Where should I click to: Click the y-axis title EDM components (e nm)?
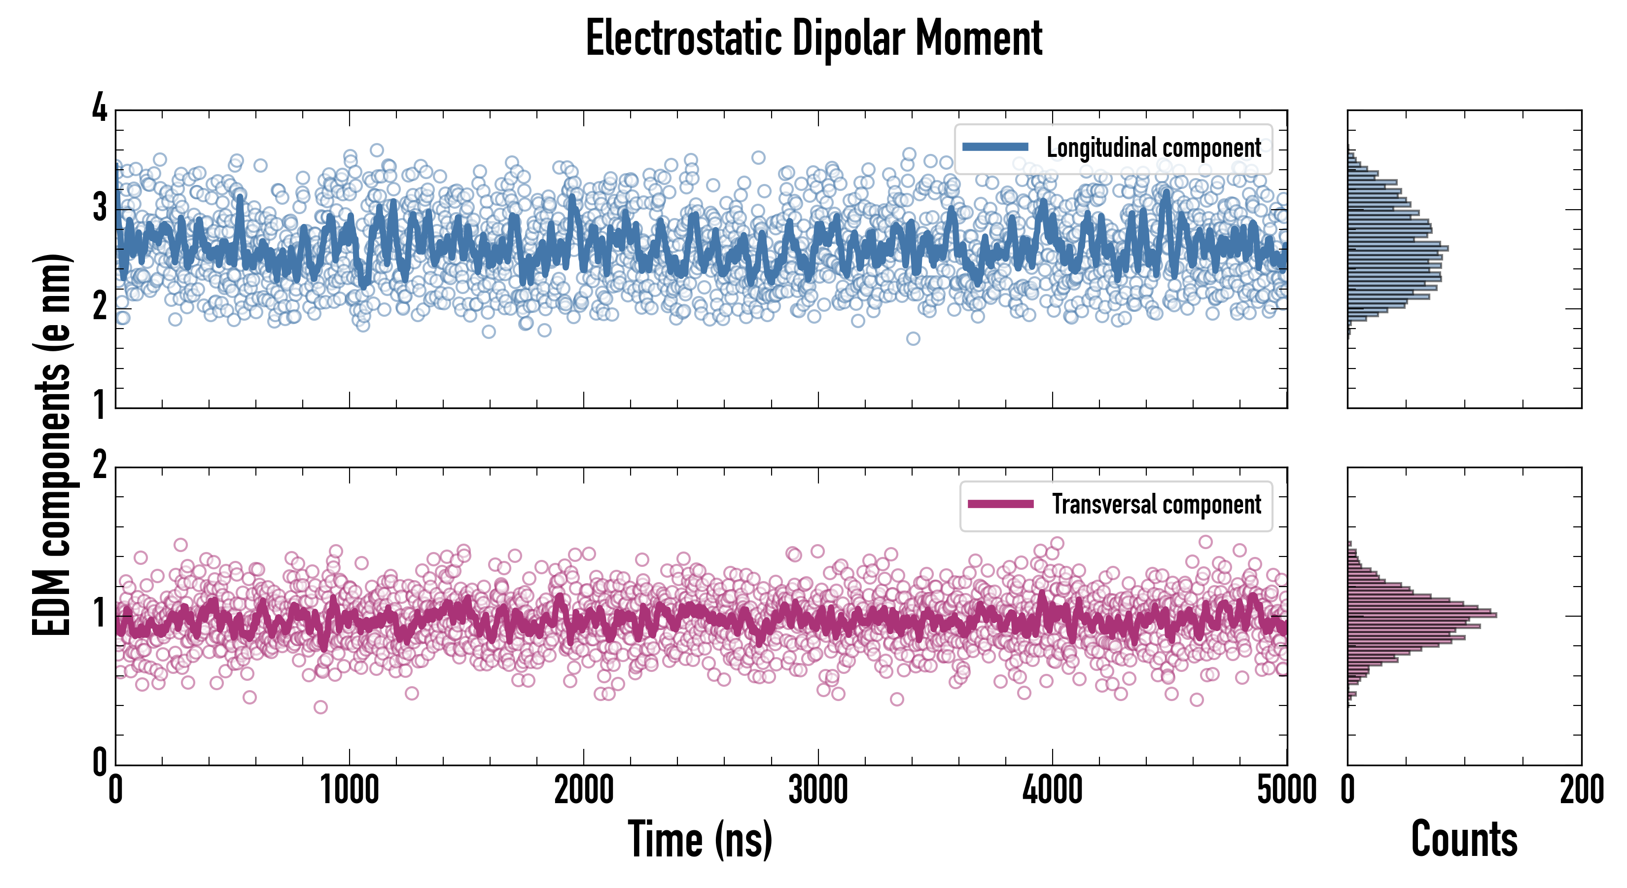tap(52, 445)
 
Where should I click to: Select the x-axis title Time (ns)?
tap(700, 839)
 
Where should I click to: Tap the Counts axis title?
tap(1464, 839)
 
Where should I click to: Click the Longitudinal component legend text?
tap(1153, 148)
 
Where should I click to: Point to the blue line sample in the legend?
tap(995, 148)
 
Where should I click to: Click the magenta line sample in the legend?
tap(1000, 504)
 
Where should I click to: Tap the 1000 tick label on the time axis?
tap(349, 790)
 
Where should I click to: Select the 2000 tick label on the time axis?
tap(584, 790)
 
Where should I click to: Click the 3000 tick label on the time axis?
tap(818, 790)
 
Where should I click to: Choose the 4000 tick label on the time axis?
tap(1052, 790)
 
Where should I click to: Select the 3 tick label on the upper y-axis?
tap(100, 207)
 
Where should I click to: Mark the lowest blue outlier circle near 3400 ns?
tap(913, 339)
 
